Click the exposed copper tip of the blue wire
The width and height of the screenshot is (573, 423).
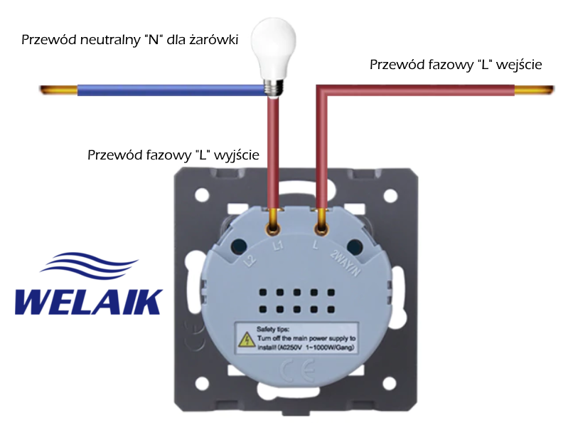(58, 90)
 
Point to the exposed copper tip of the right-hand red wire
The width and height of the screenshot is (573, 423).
(532, 90)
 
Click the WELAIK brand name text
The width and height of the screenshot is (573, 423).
(88, 301)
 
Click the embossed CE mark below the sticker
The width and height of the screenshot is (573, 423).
(292, 372)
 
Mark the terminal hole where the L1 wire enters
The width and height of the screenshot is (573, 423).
(272, 229)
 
